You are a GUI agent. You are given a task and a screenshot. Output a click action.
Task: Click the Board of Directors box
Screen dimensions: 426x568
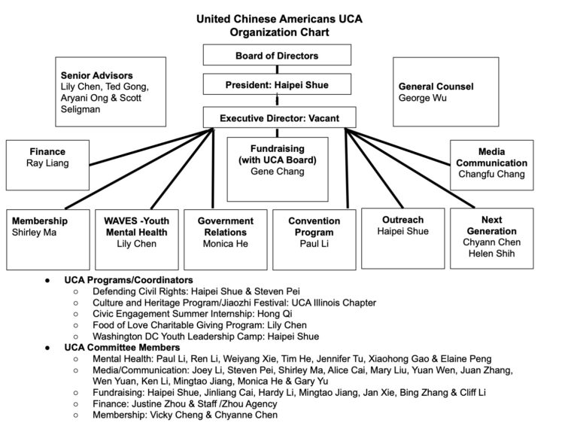(277, 55)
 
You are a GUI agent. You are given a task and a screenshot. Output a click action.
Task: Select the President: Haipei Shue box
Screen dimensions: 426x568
(277, 85)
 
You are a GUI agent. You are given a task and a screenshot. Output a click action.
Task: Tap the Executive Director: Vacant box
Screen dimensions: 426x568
(277, 118)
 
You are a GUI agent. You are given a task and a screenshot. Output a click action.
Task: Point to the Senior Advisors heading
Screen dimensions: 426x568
(96, 75)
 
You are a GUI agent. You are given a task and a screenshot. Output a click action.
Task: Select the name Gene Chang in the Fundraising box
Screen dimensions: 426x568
(277, 172)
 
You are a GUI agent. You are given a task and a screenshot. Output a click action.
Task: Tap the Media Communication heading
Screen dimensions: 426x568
(492, 157)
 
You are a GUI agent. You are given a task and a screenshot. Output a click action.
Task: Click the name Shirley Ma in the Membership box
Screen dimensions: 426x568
(35, 233)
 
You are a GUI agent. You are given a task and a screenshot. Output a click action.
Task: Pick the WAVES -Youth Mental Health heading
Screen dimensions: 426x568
(136, 227)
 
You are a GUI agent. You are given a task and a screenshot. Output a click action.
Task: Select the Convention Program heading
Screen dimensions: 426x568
(314, 227)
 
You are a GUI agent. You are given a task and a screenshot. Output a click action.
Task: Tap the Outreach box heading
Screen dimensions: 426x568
(402, 220)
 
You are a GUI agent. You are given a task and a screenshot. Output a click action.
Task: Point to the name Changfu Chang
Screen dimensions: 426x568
(492, 174)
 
